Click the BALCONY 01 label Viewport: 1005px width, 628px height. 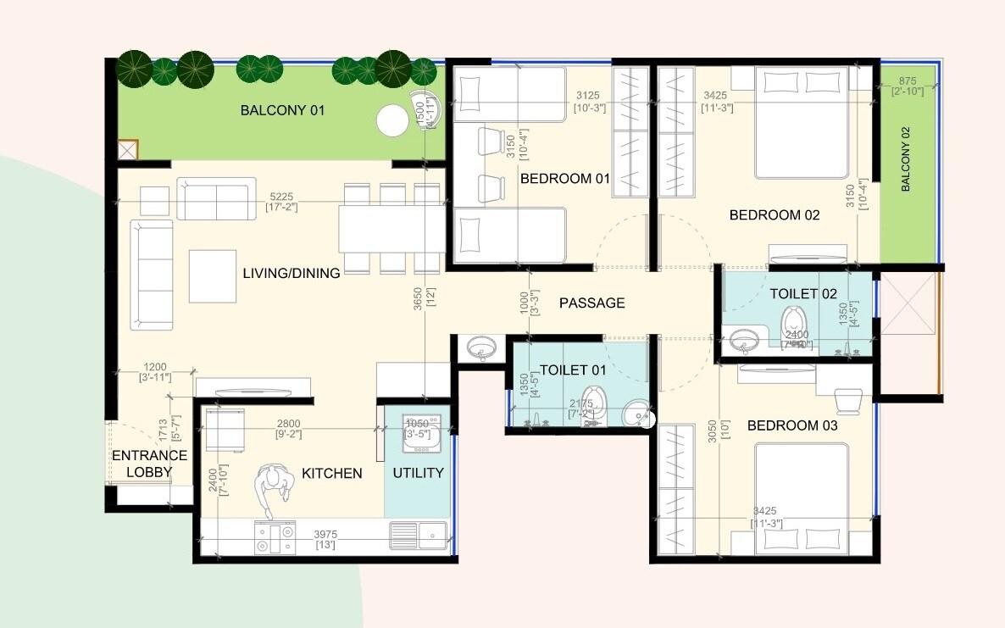click(x=282, y=110)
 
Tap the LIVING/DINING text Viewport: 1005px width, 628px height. click(x=292, y=273)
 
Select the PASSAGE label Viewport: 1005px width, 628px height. click(x=591, y=303)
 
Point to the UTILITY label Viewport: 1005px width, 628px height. click(x=418, y=473)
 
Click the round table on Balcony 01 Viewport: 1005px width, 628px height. click(x=392, y=120)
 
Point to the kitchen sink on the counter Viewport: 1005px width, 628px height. click(x=418, y=534)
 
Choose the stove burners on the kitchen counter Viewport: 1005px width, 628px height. click(x=275, y=538)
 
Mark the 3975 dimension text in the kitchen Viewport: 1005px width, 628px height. click(x=325, y=535)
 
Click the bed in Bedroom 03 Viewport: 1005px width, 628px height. click(x=802, y=500)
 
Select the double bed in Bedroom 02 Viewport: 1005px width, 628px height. click(x=802, y=123)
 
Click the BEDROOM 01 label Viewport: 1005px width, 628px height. click(x=565, y=179)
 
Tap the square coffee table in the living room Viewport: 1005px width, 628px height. click(x=213, y=275)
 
